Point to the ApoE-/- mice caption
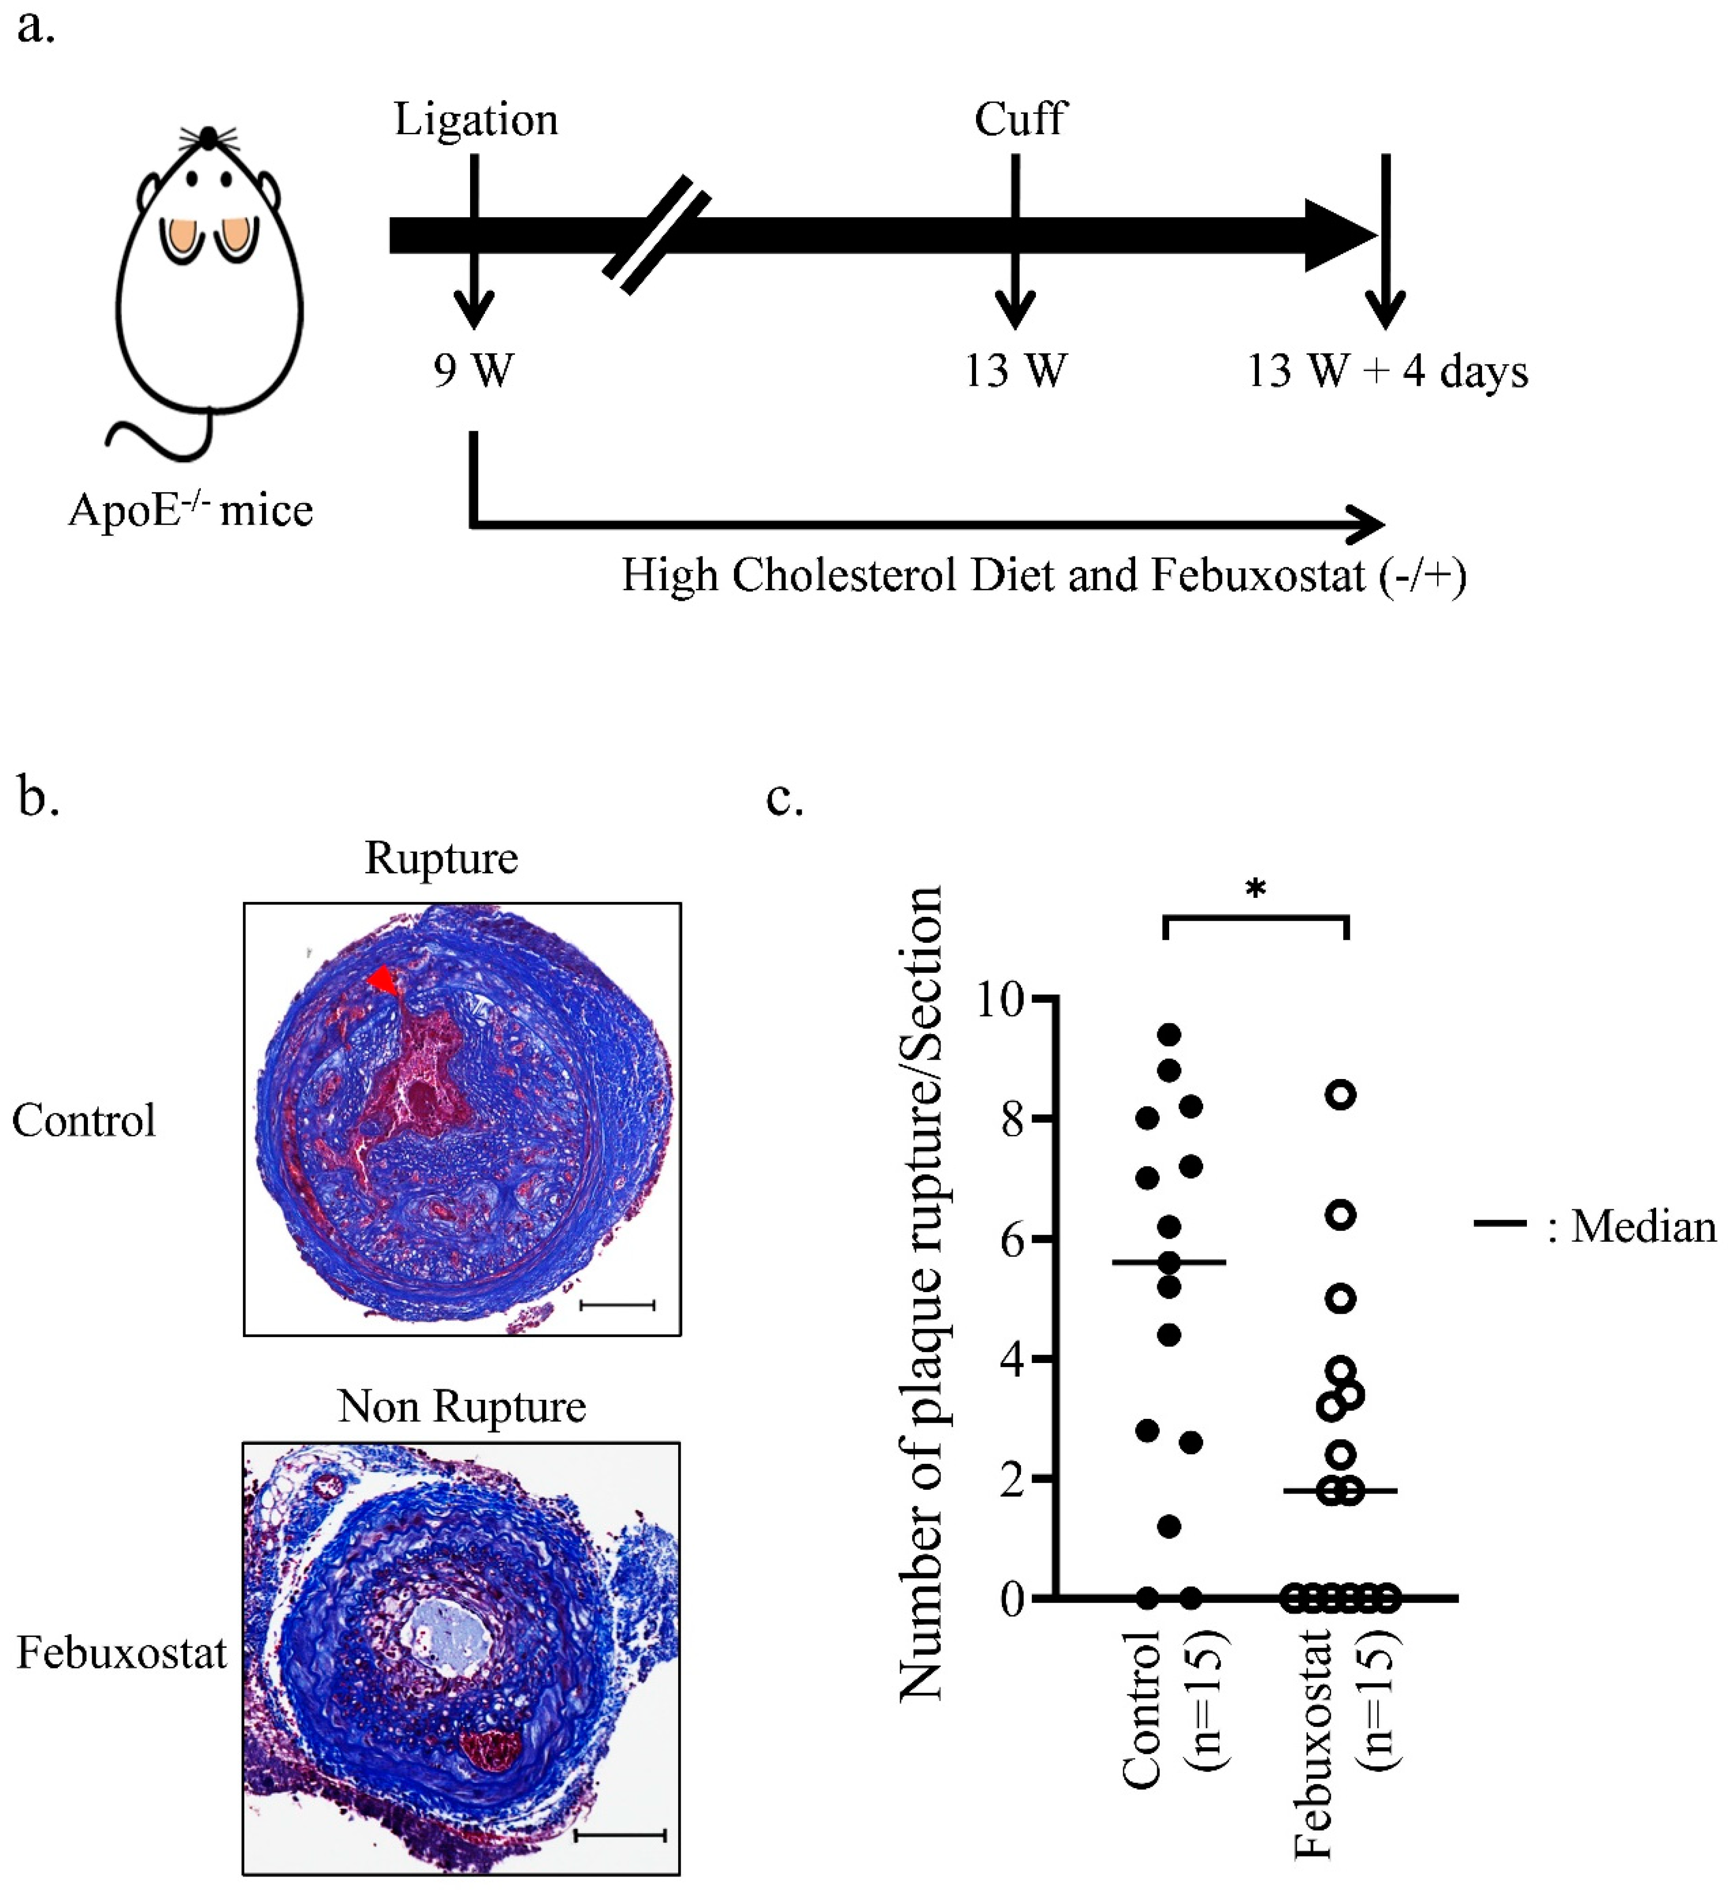click(190, 511)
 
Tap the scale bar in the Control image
click(618, 1305)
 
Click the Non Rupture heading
click(462, 1407)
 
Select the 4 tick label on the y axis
click(1011, 1359)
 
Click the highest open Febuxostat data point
click(1341, 1095)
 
